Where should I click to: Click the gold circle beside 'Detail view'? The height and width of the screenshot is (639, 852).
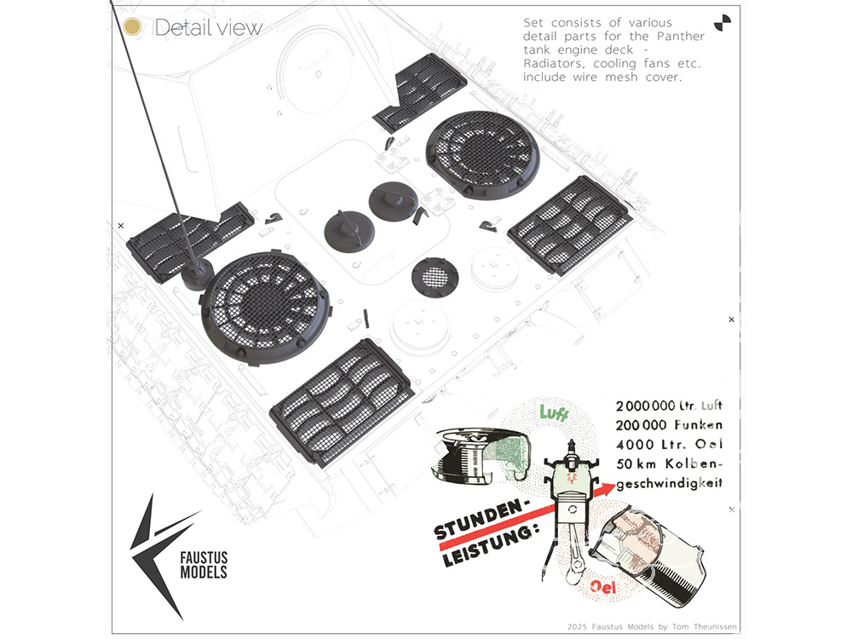(132, 26)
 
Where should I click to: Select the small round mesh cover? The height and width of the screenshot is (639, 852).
(435, 275)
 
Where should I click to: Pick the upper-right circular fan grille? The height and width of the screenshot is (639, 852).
(481, 154)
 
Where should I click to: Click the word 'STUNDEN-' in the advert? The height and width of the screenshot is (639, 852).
(481, 519)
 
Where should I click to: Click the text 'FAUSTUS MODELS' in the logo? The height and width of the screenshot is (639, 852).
(204, 565)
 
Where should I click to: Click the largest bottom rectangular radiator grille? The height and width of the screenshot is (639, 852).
(343, 401)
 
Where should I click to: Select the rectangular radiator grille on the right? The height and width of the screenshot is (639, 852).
(569, 224)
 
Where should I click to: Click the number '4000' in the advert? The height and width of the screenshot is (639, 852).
(635, 444)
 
